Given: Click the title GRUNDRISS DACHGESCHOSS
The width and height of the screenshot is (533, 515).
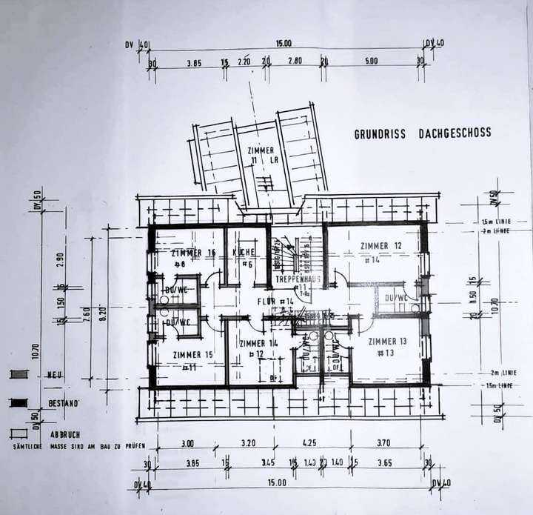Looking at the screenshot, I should [x=422, y=134].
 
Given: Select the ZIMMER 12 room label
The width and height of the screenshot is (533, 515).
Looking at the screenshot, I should [x=381, y=246].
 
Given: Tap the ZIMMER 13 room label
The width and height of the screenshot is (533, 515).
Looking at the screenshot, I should [x=387, y=341].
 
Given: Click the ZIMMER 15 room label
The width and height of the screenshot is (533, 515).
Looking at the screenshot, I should [x=192, y=355].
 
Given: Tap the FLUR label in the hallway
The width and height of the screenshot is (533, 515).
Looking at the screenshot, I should [x=275, y=302].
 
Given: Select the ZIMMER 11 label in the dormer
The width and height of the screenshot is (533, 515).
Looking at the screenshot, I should [x=261, y=150].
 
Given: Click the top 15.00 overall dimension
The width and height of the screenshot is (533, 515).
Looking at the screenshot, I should [x=283, y=44].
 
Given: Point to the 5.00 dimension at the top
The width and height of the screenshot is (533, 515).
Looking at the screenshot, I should [x=371, y=61].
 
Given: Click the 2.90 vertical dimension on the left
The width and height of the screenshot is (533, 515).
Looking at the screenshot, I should [x=60, y=259].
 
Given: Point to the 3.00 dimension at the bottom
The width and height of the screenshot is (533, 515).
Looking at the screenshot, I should [x=188, y=444].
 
